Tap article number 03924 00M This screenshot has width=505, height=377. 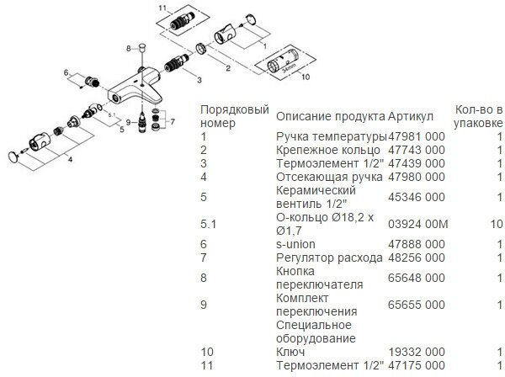(x=418, y=225)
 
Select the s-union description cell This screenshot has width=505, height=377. (x=296, y=244)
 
